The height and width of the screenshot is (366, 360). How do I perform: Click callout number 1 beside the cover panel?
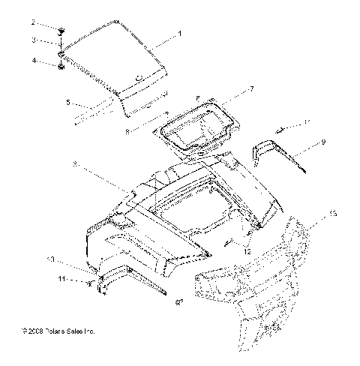tap(180, 34)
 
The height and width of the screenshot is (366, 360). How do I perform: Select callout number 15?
tap(332, 214)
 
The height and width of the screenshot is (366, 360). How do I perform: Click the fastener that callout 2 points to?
tap(60, 32)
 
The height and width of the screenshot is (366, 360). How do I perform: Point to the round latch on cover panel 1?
tap(139, 76)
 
